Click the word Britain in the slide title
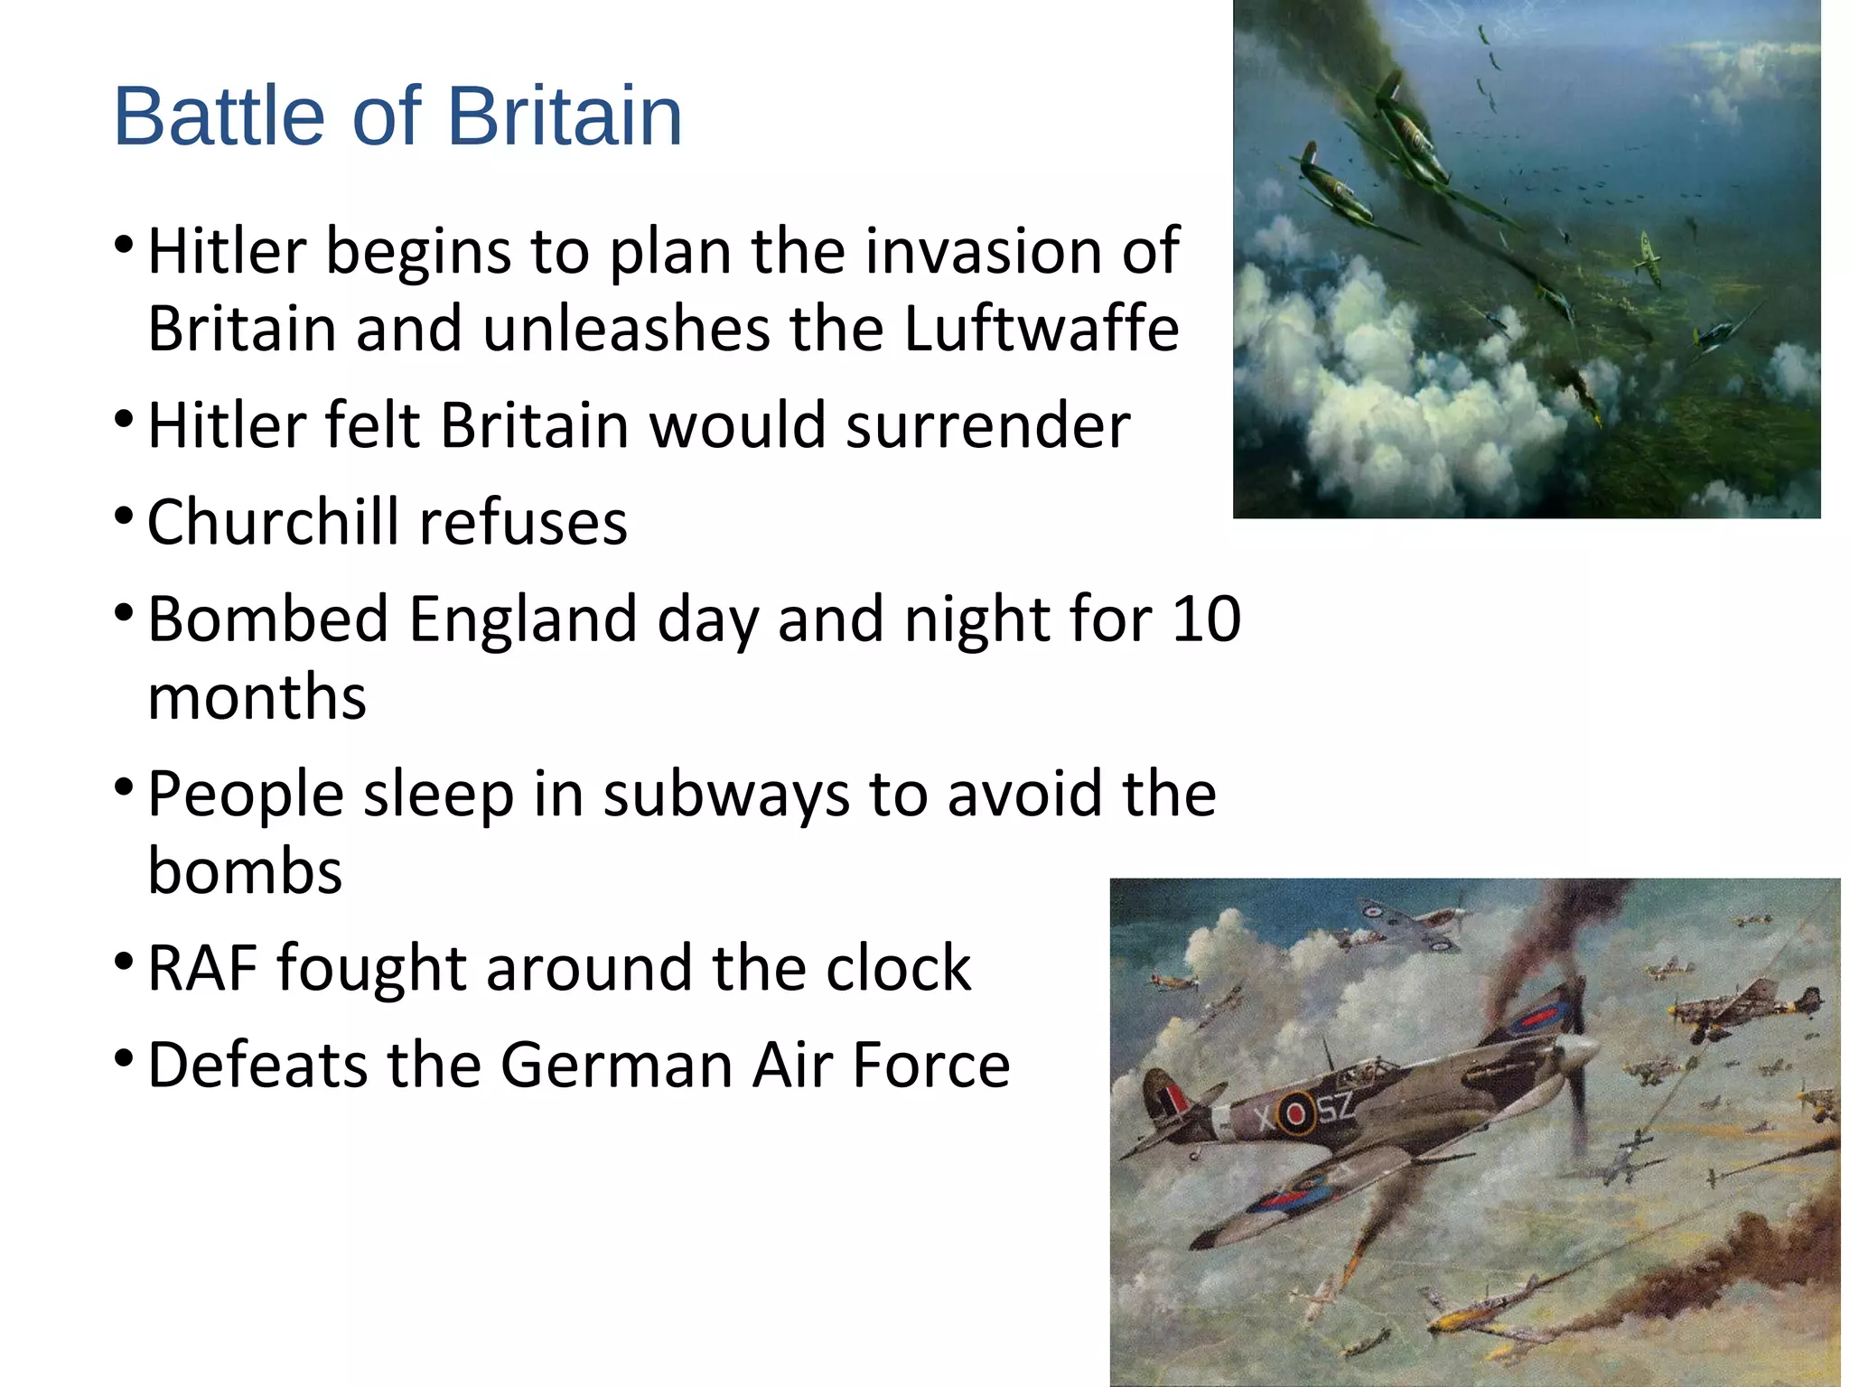[565, 116]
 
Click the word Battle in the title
[219, 116]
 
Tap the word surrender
[987, 425]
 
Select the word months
[257, 698]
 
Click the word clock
[899, 968]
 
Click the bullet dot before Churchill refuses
[125, 517]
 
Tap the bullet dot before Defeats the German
[125, 1057]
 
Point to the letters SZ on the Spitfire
[1335, 1105]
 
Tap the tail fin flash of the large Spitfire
[1173, 1100]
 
